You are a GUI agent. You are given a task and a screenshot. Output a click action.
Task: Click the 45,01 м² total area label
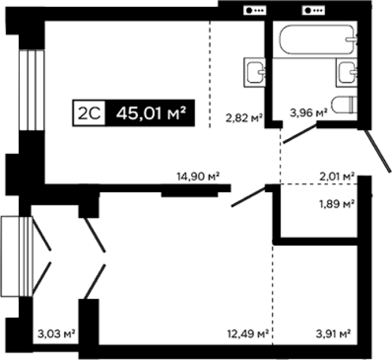tap(151, 113)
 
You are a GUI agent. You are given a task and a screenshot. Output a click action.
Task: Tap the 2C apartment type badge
tap(89, 113)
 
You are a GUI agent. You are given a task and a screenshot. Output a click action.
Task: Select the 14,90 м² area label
tap(198, 176)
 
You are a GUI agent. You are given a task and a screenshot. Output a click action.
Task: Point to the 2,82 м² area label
tap(244, 118)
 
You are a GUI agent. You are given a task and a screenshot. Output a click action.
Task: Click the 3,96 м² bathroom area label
tap(309, 113)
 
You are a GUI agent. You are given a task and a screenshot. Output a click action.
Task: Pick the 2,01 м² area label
tap(337, 176)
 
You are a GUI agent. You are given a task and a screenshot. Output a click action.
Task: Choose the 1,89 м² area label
tap(337, 204)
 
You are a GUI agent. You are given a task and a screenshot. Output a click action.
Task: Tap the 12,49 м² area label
tap(248, 333)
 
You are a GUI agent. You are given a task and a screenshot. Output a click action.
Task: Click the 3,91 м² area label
tap(333, 333)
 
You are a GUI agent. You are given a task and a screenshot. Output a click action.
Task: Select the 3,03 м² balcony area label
tap(57, 333)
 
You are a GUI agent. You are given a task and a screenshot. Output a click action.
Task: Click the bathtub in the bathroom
tap(318, 39)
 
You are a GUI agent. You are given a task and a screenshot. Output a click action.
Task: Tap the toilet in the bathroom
tap(345, 105)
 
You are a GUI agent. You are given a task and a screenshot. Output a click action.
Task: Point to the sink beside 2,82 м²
tap(255, 72)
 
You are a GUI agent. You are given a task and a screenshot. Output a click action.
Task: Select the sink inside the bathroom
tap(347, 72)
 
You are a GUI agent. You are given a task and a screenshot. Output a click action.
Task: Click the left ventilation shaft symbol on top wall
tap(255, 10)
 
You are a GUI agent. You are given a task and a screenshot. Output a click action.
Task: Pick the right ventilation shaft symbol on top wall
tap(314, 10)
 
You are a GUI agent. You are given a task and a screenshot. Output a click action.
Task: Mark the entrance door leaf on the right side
tap(378, 151)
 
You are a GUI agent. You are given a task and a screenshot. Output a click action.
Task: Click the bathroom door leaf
tap(300, 134)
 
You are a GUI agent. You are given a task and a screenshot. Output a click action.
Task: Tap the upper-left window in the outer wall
tap(31, 90)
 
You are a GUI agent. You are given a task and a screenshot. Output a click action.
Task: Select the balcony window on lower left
tap(17, 256)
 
